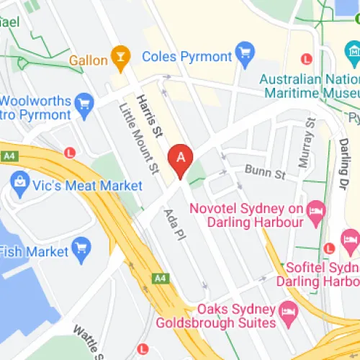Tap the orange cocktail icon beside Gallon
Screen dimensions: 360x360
(121, 57)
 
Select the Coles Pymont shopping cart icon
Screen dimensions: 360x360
(246, 54)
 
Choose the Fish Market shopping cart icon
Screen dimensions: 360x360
(81, 249)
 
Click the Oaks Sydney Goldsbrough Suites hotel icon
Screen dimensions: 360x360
(288, 312)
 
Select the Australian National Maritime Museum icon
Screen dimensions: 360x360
(352, 53)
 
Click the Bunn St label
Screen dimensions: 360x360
(265, 174)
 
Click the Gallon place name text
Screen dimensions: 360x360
(88, 60)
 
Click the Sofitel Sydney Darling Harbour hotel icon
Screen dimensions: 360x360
(351, 239)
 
